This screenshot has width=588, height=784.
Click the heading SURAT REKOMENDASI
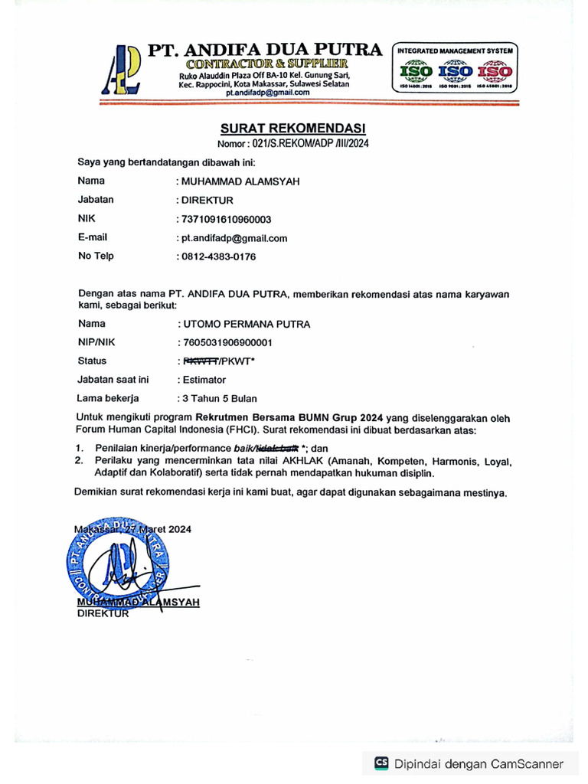click(x=293, y=128)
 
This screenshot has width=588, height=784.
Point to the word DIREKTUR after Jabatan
click(x=207, y=200)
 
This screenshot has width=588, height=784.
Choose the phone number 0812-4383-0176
click(x=218, y=256)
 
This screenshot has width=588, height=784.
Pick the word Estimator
click(x=204, y=379)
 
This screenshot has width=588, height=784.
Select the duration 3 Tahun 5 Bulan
click(x=219, y=398)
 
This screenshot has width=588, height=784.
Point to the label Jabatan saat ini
click(x=113, y=379)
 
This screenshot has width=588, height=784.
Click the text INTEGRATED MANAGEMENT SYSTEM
click(x=455, y=51)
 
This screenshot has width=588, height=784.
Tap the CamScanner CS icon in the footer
click(x=381, y=763)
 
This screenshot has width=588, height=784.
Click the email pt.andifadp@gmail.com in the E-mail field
click(x=234, y=238)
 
